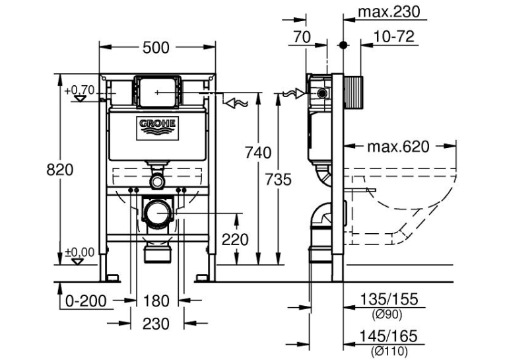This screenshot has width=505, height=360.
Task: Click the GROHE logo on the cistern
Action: pos(158,128)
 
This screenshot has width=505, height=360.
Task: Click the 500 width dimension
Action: pos(156,48)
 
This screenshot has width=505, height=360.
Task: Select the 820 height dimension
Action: pos(60,170)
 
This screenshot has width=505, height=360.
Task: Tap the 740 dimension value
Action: pos(258,153)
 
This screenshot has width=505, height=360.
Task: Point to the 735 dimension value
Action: pos(279,180)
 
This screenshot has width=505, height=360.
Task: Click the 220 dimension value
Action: pos(235,240)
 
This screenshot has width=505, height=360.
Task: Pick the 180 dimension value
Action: pos(156,301)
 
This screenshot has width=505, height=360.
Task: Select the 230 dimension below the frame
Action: pos(156,324)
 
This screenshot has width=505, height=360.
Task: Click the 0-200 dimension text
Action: pos(86,301)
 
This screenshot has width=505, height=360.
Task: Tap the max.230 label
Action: pos(389,12)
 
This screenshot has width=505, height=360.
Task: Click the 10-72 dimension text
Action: pos(393,36)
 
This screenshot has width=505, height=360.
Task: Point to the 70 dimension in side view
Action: pos(302,36)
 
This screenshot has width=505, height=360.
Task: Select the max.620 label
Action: pos(399,147)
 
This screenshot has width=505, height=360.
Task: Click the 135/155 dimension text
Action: pos(389,299)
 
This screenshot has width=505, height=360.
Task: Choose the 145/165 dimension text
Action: pos(388,336)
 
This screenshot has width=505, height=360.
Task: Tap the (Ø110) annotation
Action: pos(389,350)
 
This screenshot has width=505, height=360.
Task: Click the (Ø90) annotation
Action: pos(387,314)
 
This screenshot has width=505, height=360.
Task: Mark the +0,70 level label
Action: pos(79,90)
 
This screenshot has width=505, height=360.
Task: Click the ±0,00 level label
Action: pos(80,252)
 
